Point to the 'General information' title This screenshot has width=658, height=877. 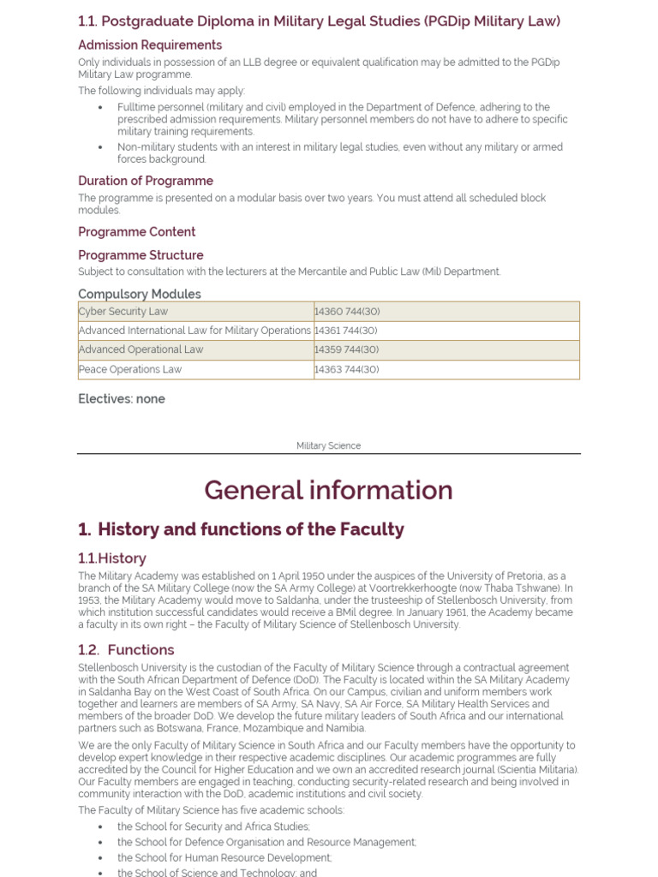tap(328, 491)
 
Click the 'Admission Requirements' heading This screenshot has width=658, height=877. tap(150, 45)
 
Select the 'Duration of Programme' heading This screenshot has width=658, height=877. tap(146, 181)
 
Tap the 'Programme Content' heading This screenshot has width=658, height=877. tap(137, 232)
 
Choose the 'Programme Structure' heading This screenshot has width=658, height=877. tap(141, 255)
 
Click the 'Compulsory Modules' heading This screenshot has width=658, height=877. tap(140, 294)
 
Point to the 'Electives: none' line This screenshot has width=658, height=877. tap(122, 399)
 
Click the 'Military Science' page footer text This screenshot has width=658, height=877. tap(328, 446)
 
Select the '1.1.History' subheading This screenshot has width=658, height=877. tap(112, 558)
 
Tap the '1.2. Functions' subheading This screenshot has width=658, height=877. tap(126, 650)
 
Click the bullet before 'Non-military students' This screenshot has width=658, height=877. tap(100, 147)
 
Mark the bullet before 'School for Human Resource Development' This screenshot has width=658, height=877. tap(100, 858)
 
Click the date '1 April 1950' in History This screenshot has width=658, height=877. tap(307, 576)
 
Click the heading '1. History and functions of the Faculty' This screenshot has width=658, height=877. tap(241, 529)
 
